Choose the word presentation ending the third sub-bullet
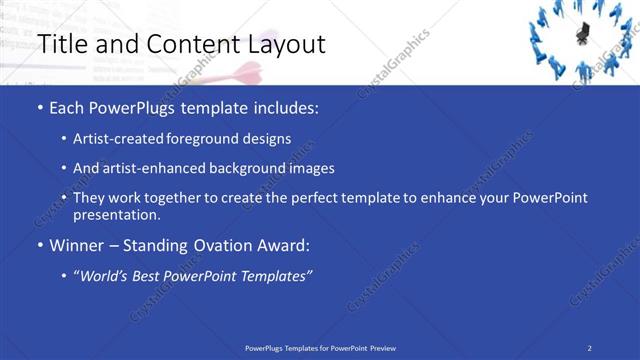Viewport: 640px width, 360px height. (115, 214)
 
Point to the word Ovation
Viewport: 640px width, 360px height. (218, 245)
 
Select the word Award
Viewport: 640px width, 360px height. (283, 245)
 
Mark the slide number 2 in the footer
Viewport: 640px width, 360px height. (590, 348)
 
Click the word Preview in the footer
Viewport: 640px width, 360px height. (383, 348)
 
